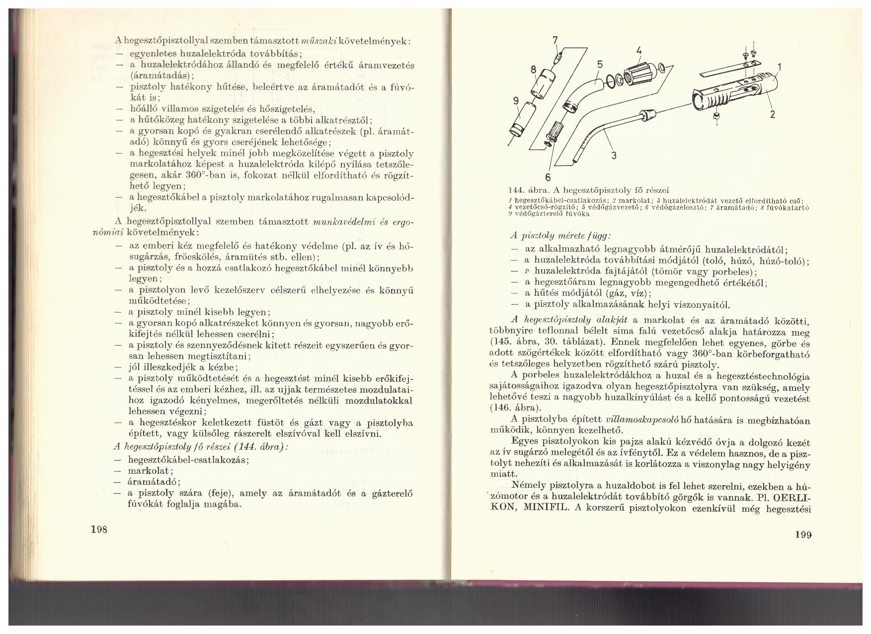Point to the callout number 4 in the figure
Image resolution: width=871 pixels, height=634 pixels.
(639, 51)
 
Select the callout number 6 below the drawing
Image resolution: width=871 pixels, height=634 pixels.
(549, 177)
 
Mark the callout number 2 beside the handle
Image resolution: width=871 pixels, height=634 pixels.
(773, 114)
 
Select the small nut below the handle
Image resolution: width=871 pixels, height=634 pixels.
(716, 115)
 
